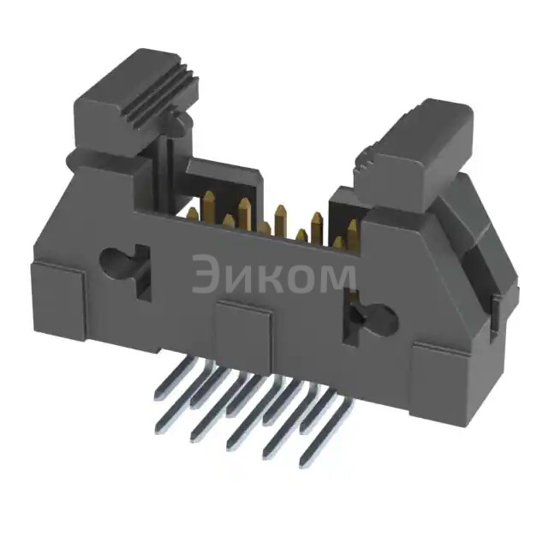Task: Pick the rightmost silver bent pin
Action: pos(330,437)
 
